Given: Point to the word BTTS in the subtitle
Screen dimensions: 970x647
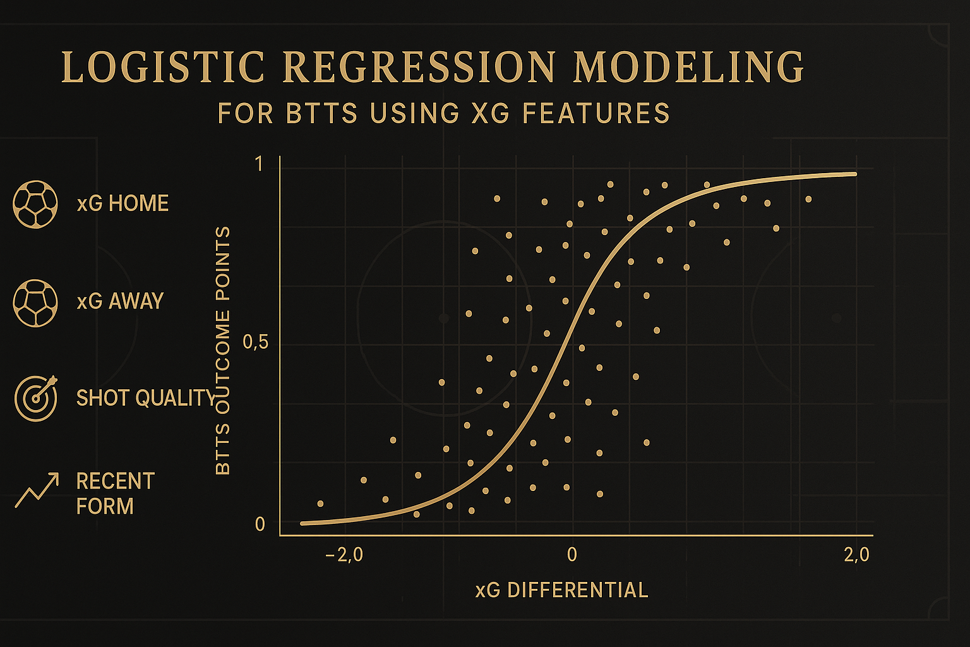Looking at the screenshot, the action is tap(322, 113).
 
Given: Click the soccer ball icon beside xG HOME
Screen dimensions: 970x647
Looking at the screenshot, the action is tap(35, 204).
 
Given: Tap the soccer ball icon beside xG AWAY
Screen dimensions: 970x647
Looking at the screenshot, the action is tap(35, 303).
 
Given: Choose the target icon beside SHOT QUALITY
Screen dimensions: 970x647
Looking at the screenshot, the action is tap(36, 398).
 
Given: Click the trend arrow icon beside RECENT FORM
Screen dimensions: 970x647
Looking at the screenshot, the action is tap(37, 490).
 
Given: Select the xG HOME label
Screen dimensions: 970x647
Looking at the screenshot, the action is tap(123, 203).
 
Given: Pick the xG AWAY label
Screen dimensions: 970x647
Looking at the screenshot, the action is tap(120, 301).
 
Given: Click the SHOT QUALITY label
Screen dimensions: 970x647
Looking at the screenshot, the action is tap(145, 398).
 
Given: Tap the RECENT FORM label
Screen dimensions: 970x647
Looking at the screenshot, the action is tap(116, 493).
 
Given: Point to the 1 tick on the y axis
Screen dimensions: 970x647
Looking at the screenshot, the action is tap(259, 164).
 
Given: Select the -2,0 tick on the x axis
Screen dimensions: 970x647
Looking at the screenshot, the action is tap(344, 555).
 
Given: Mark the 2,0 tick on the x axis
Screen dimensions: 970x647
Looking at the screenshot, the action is tap(856, 555).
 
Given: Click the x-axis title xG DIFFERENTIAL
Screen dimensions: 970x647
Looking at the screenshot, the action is tap(561, 590).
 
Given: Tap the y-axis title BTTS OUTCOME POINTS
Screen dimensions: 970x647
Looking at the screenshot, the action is tap(223, 351).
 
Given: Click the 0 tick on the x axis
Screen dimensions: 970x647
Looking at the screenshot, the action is tap(572, 555).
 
